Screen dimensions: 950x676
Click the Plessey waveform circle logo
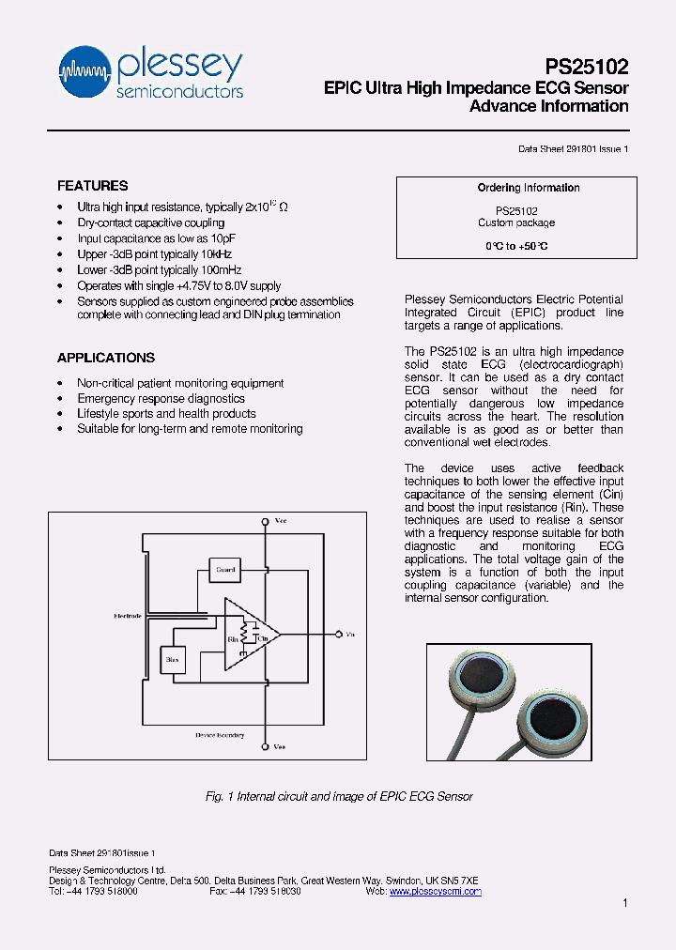pyautogui.click(x=85, y=71)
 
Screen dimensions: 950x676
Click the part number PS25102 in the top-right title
pyautogui.click(x=587, y=68)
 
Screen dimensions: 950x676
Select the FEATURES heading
pyautogui.click(x=93, y=186)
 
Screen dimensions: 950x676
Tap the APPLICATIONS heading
pyautogui.click(x=106, y=358)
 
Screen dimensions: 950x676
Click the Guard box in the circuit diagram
pyautogui.click(x=226, y=569)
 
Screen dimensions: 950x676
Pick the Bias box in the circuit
pyautogui.click(x=172, y=660)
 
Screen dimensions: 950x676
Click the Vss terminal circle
pyautogui.click(x=267, y=746)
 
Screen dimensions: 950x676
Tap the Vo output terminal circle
pyautogui.click(x=335, y=635)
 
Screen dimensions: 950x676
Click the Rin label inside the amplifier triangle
pyautogui.click(x=232, y=639)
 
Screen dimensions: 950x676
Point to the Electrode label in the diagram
pyautogui.click(x=128, y=616)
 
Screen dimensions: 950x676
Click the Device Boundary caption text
pyautogui.click(x=219, y=734)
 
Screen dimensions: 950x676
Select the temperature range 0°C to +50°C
pyautogui.click(x=515, y=245)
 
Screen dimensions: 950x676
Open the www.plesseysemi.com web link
pyautogui.click(x=435, y=892)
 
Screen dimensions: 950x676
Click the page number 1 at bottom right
pyautogui.click(x=624, y=903)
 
